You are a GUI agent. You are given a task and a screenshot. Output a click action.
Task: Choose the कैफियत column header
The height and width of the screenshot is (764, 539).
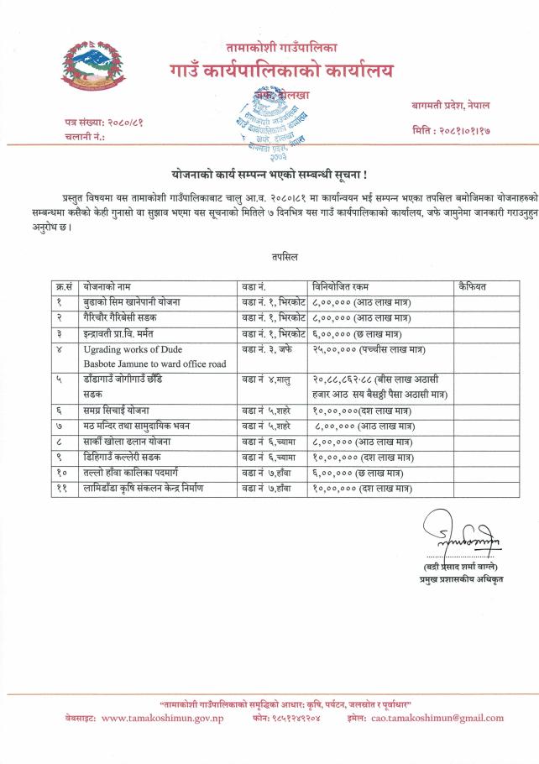473,286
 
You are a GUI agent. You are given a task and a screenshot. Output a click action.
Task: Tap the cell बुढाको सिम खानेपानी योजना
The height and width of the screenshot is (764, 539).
132,301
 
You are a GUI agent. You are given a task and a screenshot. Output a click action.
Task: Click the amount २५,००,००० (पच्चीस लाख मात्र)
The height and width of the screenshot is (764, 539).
366,348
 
